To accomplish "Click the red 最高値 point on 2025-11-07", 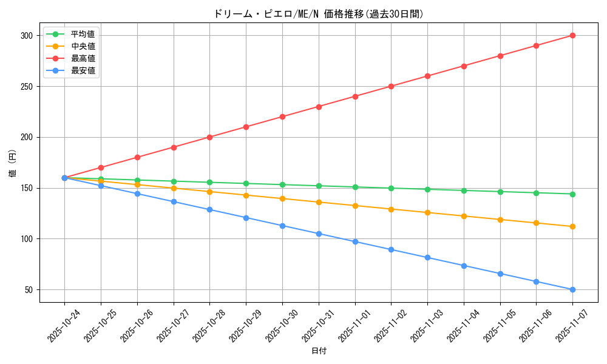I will point(572,35).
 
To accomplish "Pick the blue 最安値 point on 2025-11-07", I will point(572,289).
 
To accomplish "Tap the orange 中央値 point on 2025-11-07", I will point(572,226).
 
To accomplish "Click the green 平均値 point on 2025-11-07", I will point(572,194).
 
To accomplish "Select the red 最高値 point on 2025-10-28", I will point(209,137).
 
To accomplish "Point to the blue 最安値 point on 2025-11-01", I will point(355,241).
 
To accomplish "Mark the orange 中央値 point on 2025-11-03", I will point(427,212).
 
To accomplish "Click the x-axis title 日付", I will point(319,351).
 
